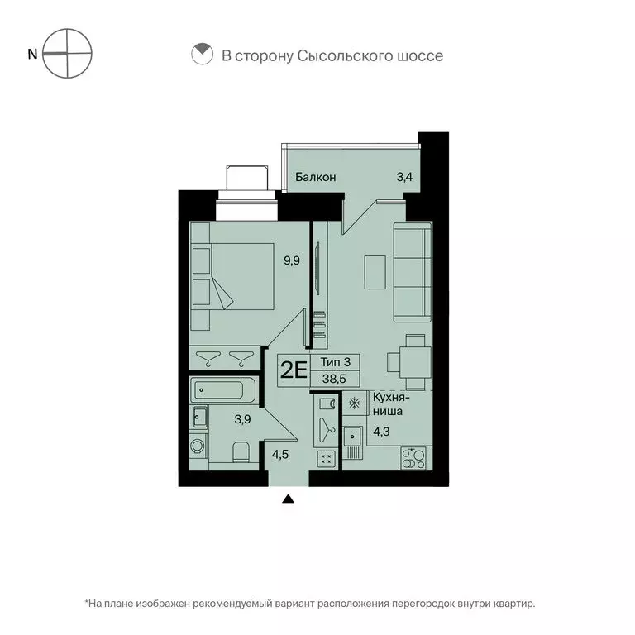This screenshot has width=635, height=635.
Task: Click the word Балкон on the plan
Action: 317,177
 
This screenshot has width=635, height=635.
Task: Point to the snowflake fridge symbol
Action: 353,403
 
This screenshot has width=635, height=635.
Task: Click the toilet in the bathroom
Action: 241,452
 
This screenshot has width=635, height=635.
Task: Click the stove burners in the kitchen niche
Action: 412,457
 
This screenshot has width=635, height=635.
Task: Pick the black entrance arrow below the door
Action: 288,498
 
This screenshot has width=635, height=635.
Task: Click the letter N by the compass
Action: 32,54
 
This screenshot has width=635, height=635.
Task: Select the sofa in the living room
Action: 410,272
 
